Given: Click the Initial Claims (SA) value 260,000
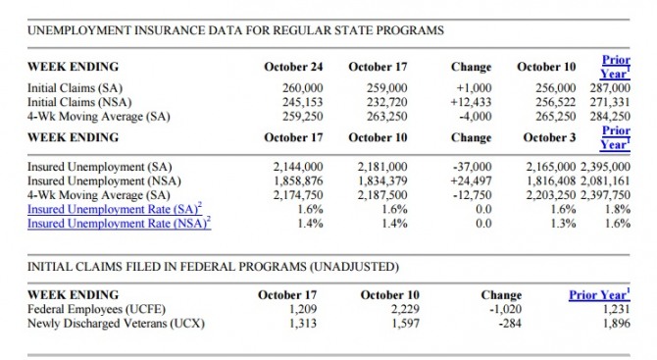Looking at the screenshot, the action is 303,88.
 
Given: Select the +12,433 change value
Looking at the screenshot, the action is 471,102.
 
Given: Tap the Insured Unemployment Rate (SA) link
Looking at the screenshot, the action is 115,209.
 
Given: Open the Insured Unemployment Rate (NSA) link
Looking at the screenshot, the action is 120,223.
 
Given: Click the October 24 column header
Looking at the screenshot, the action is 293,67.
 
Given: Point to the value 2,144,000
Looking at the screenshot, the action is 298,167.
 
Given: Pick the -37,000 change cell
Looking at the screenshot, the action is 473,167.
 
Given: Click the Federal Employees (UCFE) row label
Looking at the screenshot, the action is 96,309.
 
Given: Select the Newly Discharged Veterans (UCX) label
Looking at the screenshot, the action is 116,324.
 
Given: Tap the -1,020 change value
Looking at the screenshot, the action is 506,309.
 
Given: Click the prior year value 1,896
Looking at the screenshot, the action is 617,324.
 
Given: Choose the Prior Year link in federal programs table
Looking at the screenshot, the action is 599,294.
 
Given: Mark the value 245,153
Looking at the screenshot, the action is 303,102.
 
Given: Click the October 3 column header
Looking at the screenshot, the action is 549,137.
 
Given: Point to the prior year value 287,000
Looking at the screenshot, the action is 610,88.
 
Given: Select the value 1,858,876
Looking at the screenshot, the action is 298,181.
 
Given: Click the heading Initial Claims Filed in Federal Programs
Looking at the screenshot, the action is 213,267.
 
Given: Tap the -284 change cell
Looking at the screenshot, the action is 510,324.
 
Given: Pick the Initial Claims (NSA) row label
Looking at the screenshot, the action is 79,102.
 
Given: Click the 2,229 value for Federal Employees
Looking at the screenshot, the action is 405,309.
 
